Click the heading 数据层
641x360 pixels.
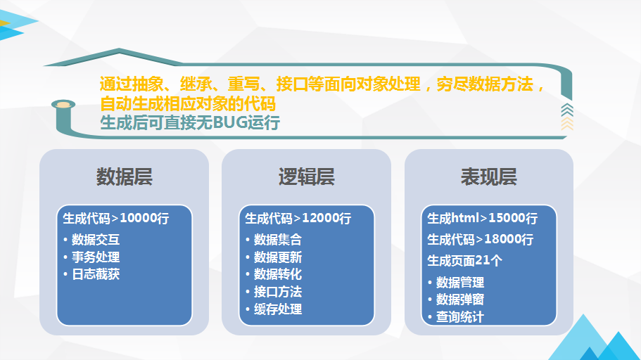pyautogui.click(x=125, y=177)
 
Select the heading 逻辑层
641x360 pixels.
pyautogui.click(x=307, y=177)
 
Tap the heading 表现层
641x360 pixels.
pyautogui.click(x=489, y=177)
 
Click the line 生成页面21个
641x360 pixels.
pyautogui.click(x=465, y=260)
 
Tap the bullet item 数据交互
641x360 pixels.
pyautogui.click(x=96, y=240)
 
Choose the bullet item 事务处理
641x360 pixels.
pyautogui.click(x=96, y=257)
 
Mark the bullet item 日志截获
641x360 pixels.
pyautogui.click(x=96, y=274)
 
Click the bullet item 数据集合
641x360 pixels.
pyautogui.click(x=278, y=240)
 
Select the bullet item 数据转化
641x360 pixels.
pyautogui.click(x=278, y=274)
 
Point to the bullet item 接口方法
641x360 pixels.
pyautogui.click(x=278, y=292)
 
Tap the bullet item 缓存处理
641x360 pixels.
pyautogui.click(x=278, y=309)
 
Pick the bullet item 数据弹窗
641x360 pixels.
pyautogui.click(x=460, y=300)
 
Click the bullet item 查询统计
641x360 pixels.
pyautogui.click(x=460, y=316)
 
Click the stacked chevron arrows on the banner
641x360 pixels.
pyautogui.click(x=567, y=117)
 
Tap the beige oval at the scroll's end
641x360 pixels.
pyautogui.click(x=63, y=105)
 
